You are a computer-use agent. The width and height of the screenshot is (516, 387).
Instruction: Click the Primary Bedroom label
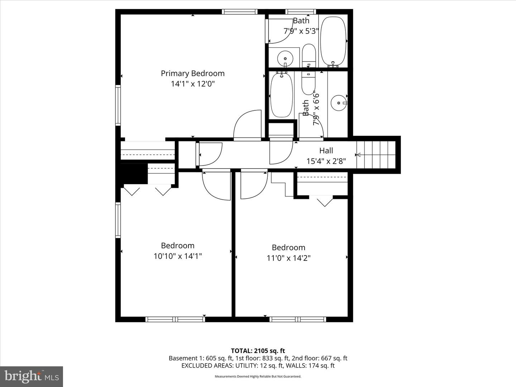tap(192, 73)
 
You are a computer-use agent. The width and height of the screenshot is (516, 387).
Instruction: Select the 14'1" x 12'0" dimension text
tap(192, 84)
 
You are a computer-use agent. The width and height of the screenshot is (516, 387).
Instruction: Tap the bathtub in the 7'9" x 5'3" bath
tap(333, 41)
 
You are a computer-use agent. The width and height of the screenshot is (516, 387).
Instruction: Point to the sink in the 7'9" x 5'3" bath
tap(285, 58)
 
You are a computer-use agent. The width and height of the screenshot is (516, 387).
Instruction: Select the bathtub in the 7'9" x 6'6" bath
tap(281, 95)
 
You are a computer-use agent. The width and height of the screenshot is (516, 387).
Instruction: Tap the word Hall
tap(326, 151)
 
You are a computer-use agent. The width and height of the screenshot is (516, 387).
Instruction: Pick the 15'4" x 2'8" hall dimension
tap(326, 161)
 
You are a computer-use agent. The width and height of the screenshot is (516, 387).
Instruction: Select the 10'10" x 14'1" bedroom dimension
tap(178, 256)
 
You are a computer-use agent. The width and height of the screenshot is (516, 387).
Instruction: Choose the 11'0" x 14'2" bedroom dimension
tap(288, 258)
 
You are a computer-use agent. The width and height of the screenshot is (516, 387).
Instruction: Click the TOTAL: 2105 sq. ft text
tap(258, 351)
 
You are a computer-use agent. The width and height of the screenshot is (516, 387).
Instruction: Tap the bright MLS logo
tap(32, 376)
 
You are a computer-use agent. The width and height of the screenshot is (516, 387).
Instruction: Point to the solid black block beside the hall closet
tap(134, 174)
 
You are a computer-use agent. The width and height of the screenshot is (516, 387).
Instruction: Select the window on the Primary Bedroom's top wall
tap(239, 12)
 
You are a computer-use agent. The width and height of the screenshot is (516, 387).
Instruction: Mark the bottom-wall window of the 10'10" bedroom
tap(175, 319)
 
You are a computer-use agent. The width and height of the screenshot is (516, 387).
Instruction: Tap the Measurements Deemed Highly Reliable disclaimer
tap(258, 377)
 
